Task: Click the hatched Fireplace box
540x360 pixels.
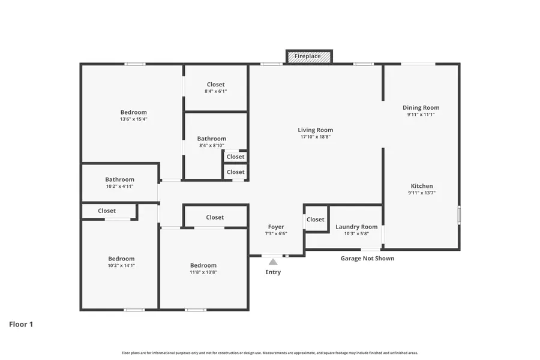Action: point(309,56)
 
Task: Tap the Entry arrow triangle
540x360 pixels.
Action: point(273,262)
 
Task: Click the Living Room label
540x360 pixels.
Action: point(315,130)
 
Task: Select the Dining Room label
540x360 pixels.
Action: point(421,108)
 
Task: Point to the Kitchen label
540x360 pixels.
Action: point(421,186)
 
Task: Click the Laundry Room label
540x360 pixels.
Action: point(356,227)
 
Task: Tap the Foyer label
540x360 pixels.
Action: point(276,227)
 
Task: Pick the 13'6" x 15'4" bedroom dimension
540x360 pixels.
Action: point(133,119)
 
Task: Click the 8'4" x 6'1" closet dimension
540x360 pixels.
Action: point(215,91)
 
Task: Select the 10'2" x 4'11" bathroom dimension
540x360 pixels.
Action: point(119,187)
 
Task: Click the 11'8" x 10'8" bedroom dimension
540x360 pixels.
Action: point(203,272)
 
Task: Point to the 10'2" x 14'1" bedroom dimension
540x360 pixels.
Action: point(121,265)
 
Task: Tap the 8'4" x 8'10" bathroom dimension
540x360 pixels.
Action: point(211,145)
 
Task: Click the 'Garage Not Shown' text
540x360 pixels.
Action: point(367,259)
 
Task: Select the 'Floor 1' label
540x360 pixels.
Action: point(21,324)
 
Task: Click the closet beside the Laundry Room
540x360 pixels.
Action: point(316,220)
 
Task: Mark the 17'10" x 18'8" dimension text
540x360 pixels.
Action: point(315,137)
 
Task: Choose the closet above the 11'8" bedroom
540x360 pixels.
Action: point(215,217)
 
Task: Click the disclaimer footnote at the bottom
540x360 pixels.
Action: point(270,353)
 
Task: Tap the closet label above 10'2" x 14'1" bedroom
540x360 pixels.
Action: point(107,211)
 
